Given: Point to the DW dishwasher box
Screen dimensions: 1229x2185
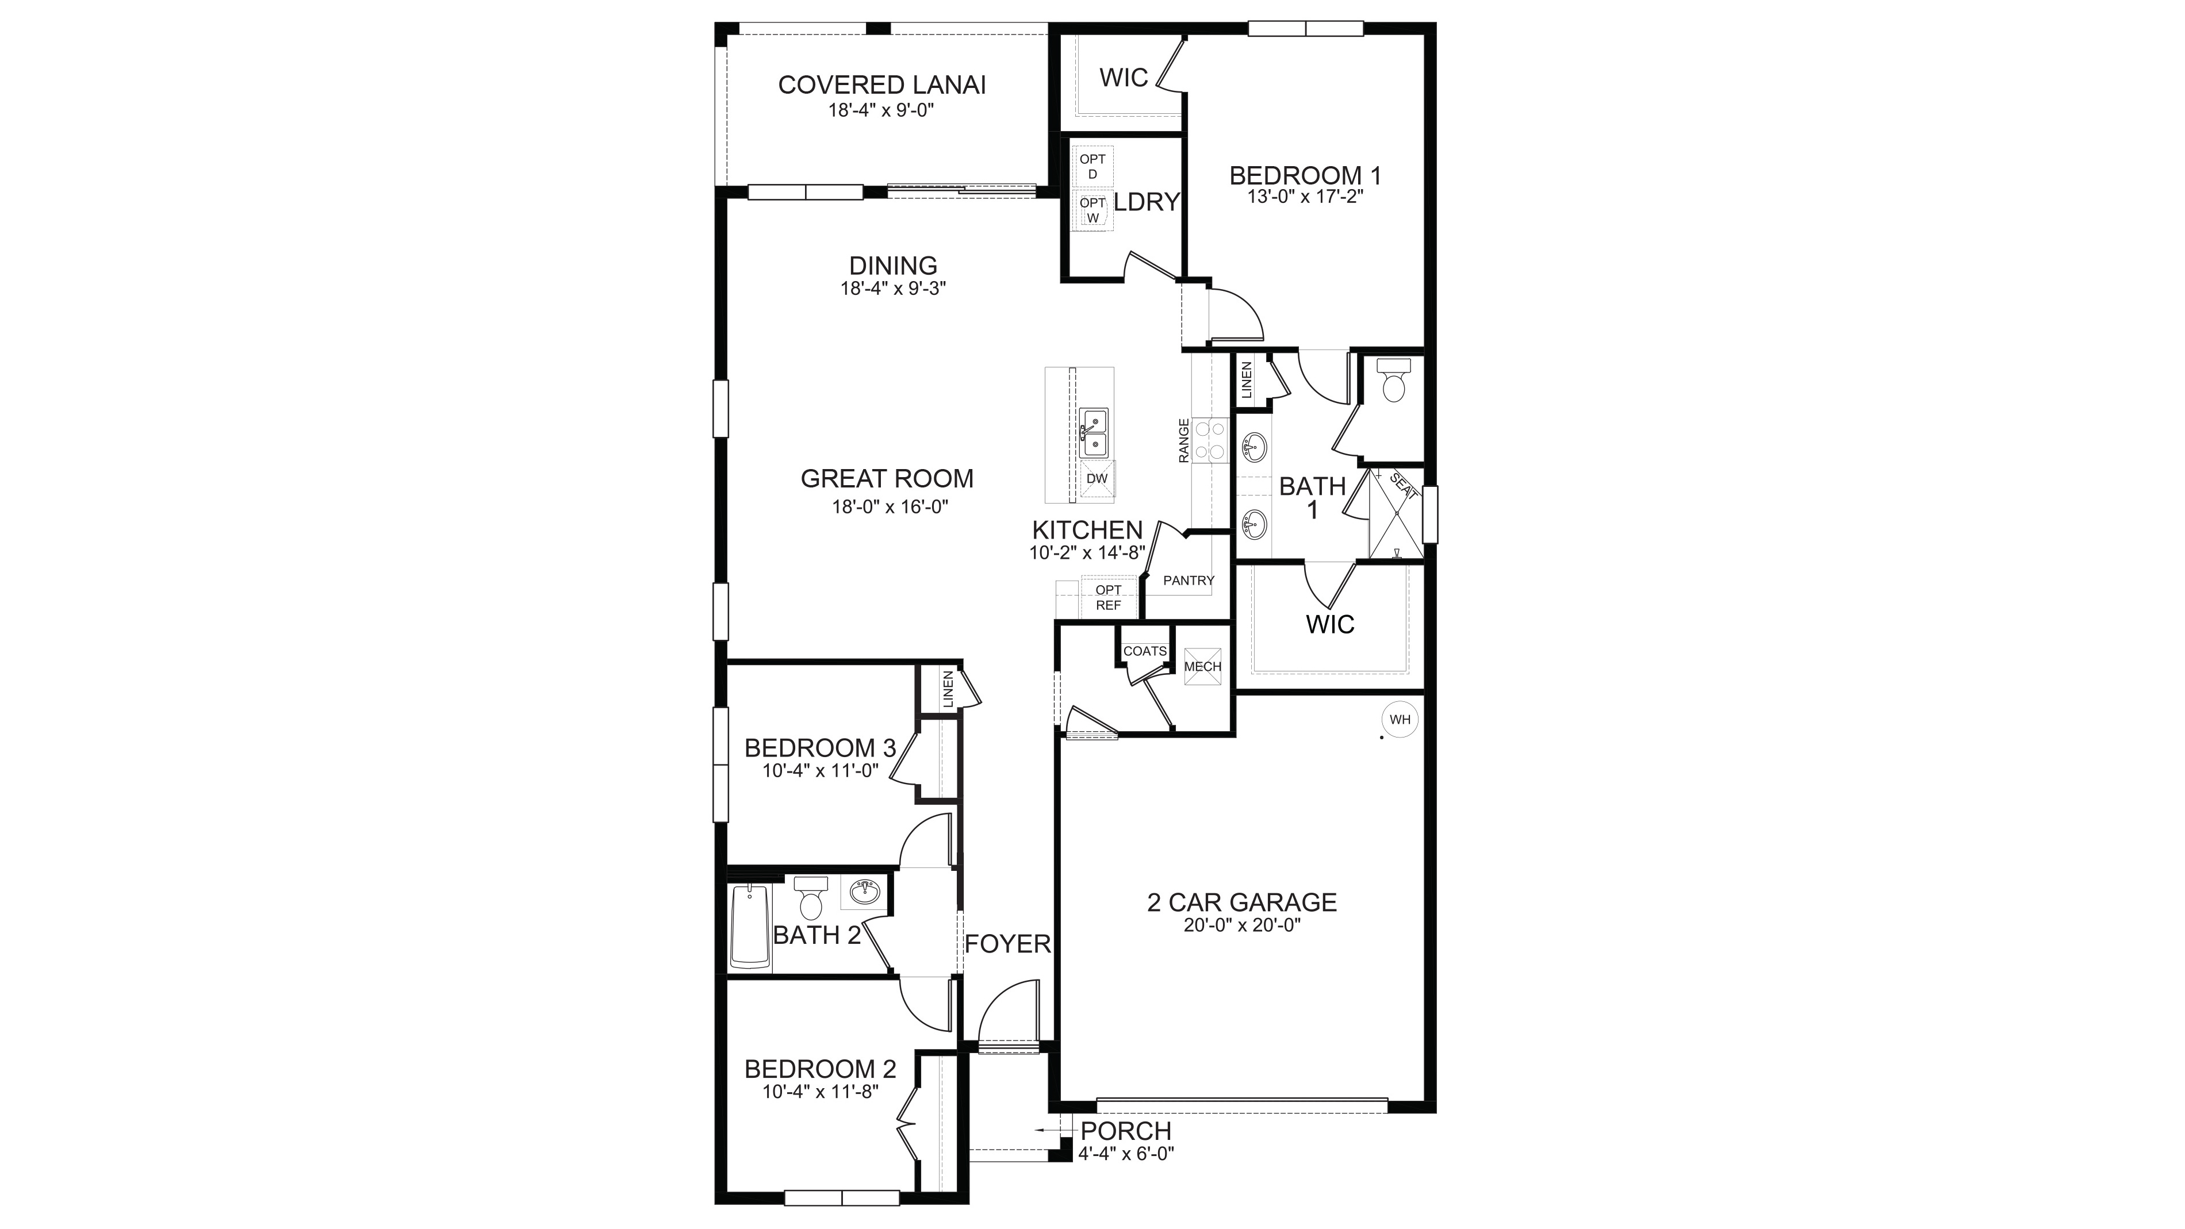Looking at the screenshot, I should point(1097,478).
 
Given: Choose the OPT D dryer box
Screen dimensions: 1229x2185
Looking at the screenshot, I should point(1092,166).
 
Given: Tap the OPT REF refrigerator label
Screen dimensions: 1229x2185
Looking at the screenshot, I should point(1108,597).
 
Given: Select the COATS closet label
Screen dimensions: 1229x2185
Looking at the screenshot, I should point(1144,651).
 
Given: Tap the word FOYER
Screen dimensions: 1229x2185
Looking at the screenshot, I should point(1007,944).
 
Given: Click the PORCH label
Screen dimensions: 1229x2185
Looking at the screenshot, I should point(1126,1131).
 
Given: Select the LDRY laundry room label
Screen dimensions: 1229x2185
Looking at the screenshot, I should point(1146,202).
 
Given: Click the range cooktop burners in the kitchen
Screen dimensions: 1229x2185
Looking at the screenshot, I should point(1210,441).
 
